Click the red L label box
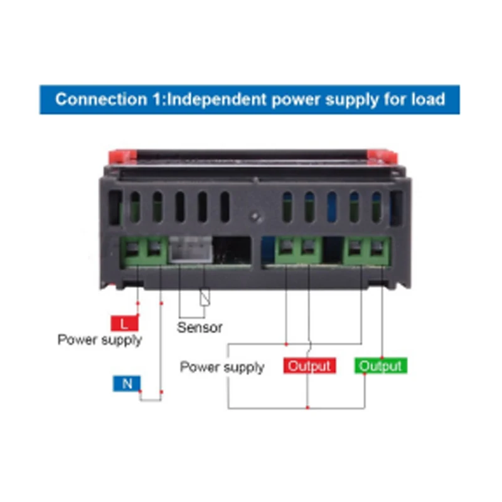[x=124, y=323]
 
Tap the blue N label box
[x=127, y=383]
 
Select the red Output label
[x=309, y=366]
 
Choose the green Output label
[x=381, y=366]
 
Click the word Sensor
[x=200, y=327]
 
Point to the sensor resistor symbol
[x=203, y=297]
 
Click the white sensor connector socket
[x=186, y=252]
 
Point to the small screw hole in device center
[x=254, y=216]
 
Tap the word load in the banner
[x=430, y=99]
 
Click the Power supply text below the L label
[x=100, y=340]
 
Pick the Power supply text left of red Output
[x=222, y=367]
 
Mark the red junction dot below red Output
[x=307, y=408]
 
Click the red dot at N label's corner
[x=141, y=392]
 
